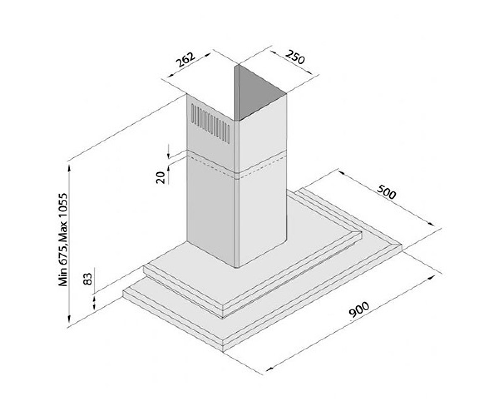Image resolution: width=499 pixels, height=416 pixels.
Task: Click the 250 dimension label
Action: (295, 57)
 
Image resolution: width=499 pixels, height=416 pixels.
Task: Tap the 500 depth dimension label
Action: (386, 192)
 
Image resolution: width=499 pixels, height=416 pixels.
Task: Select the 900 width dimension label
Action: (359, 313)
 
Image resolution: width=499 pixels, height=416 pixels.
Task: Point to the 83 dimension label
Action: (88, 279)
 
